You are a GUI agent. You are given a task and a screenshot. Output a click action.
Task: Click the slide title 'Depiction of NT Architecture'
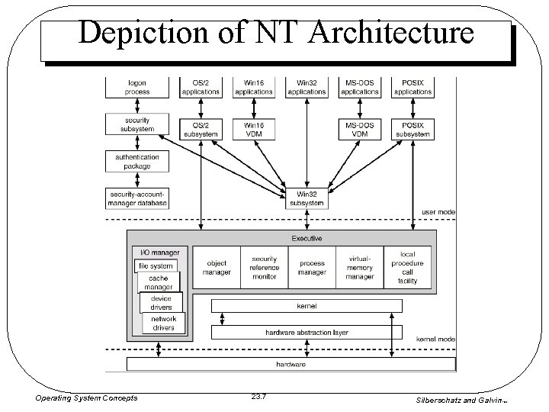click(x=276, y=34)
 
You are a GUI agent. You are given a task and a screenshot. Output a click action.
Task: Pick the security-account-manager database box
click(x=137, y=198)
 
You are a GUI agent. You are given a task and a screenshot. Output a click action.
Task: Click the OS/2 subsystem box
click(x=201, y=129)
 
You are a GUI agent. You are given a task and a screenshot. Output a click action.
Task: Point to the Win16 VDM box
click(x=253, y=129)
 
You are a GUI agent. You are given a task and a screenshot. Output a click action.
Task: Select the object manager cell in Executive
click(x=217, y=268)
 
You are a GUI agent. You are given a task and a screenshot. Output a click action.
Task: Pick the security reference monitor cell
click(x=264, y=268)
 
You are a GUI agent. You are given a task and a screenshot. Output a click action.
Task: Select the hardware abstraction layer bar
click(x=306, y=333)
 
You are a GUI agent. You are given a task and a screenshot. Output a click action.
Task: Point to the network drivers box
click(x=163, y=323)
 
